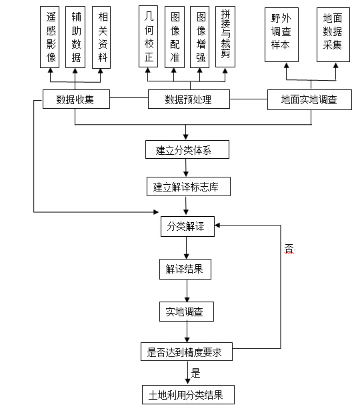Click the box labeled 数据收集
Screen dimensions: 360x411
(x=76, y=99)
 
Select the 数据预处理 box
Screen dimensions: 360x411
(x=189, y=99)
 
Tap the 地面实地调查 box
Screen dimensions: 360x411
(x=309, y=99)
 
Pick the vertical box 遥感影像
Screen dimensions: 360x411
(x=50, y=37)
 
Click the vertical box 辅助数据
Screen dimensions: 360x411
(x=75, y=37)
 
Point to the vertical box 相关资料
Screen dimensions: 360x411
(x=101, y=37)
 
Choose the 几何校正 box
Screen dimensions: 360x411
(x=149, y=37)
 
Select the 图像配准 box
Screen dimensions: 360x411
(x=175, y=37)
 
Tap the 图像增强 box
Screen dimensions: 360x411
(x=200, y=37)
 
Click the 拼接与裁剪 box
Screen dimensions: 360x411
(x=225, y=37)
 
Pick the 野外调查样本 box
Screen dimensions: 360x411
(x=282, y=35)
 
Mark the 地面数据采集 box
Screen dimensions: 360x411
(x=333, y=35)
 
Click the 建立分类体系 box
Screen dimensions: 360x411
(x=187, y=149)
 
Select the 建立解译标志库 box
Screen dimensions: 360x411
(x=189, y=186)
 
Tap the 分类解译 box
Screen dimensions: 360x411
(x=187, y=226)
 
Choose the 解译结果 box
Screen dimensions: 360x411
(x=185, y=269)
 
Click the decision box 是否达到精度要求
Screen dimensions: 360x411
(x=187, y=352)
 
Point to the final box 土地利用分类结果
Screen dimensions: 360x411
(x=188, y=394)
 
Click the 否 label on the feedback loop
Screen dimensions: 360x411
(x=289, y=248)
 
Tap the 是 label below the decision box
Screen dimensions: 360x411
(x=195, y=373)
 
